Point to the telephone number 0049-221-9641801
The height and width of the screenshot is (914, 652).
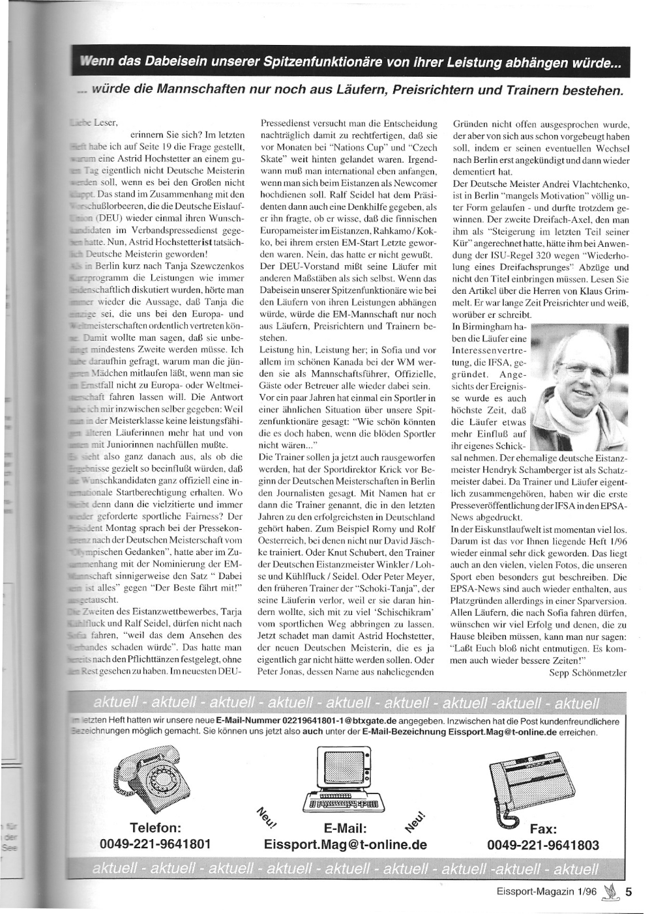click(155, 844)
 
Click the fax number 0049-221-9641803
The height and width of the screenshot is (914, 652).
click(542, 845)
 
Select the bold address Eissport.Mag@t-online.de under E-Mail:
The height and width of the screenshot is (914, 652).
click(346, 845)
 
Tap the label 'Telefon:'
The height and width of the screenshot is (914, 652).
click(155, 828)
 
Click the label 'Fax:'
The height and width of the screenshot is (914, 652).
click(543, 829)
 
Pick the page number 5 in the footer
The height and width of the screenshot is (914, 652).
click(628, 893)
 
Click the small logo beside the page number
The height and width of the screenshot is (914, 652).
click(608, 893)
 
